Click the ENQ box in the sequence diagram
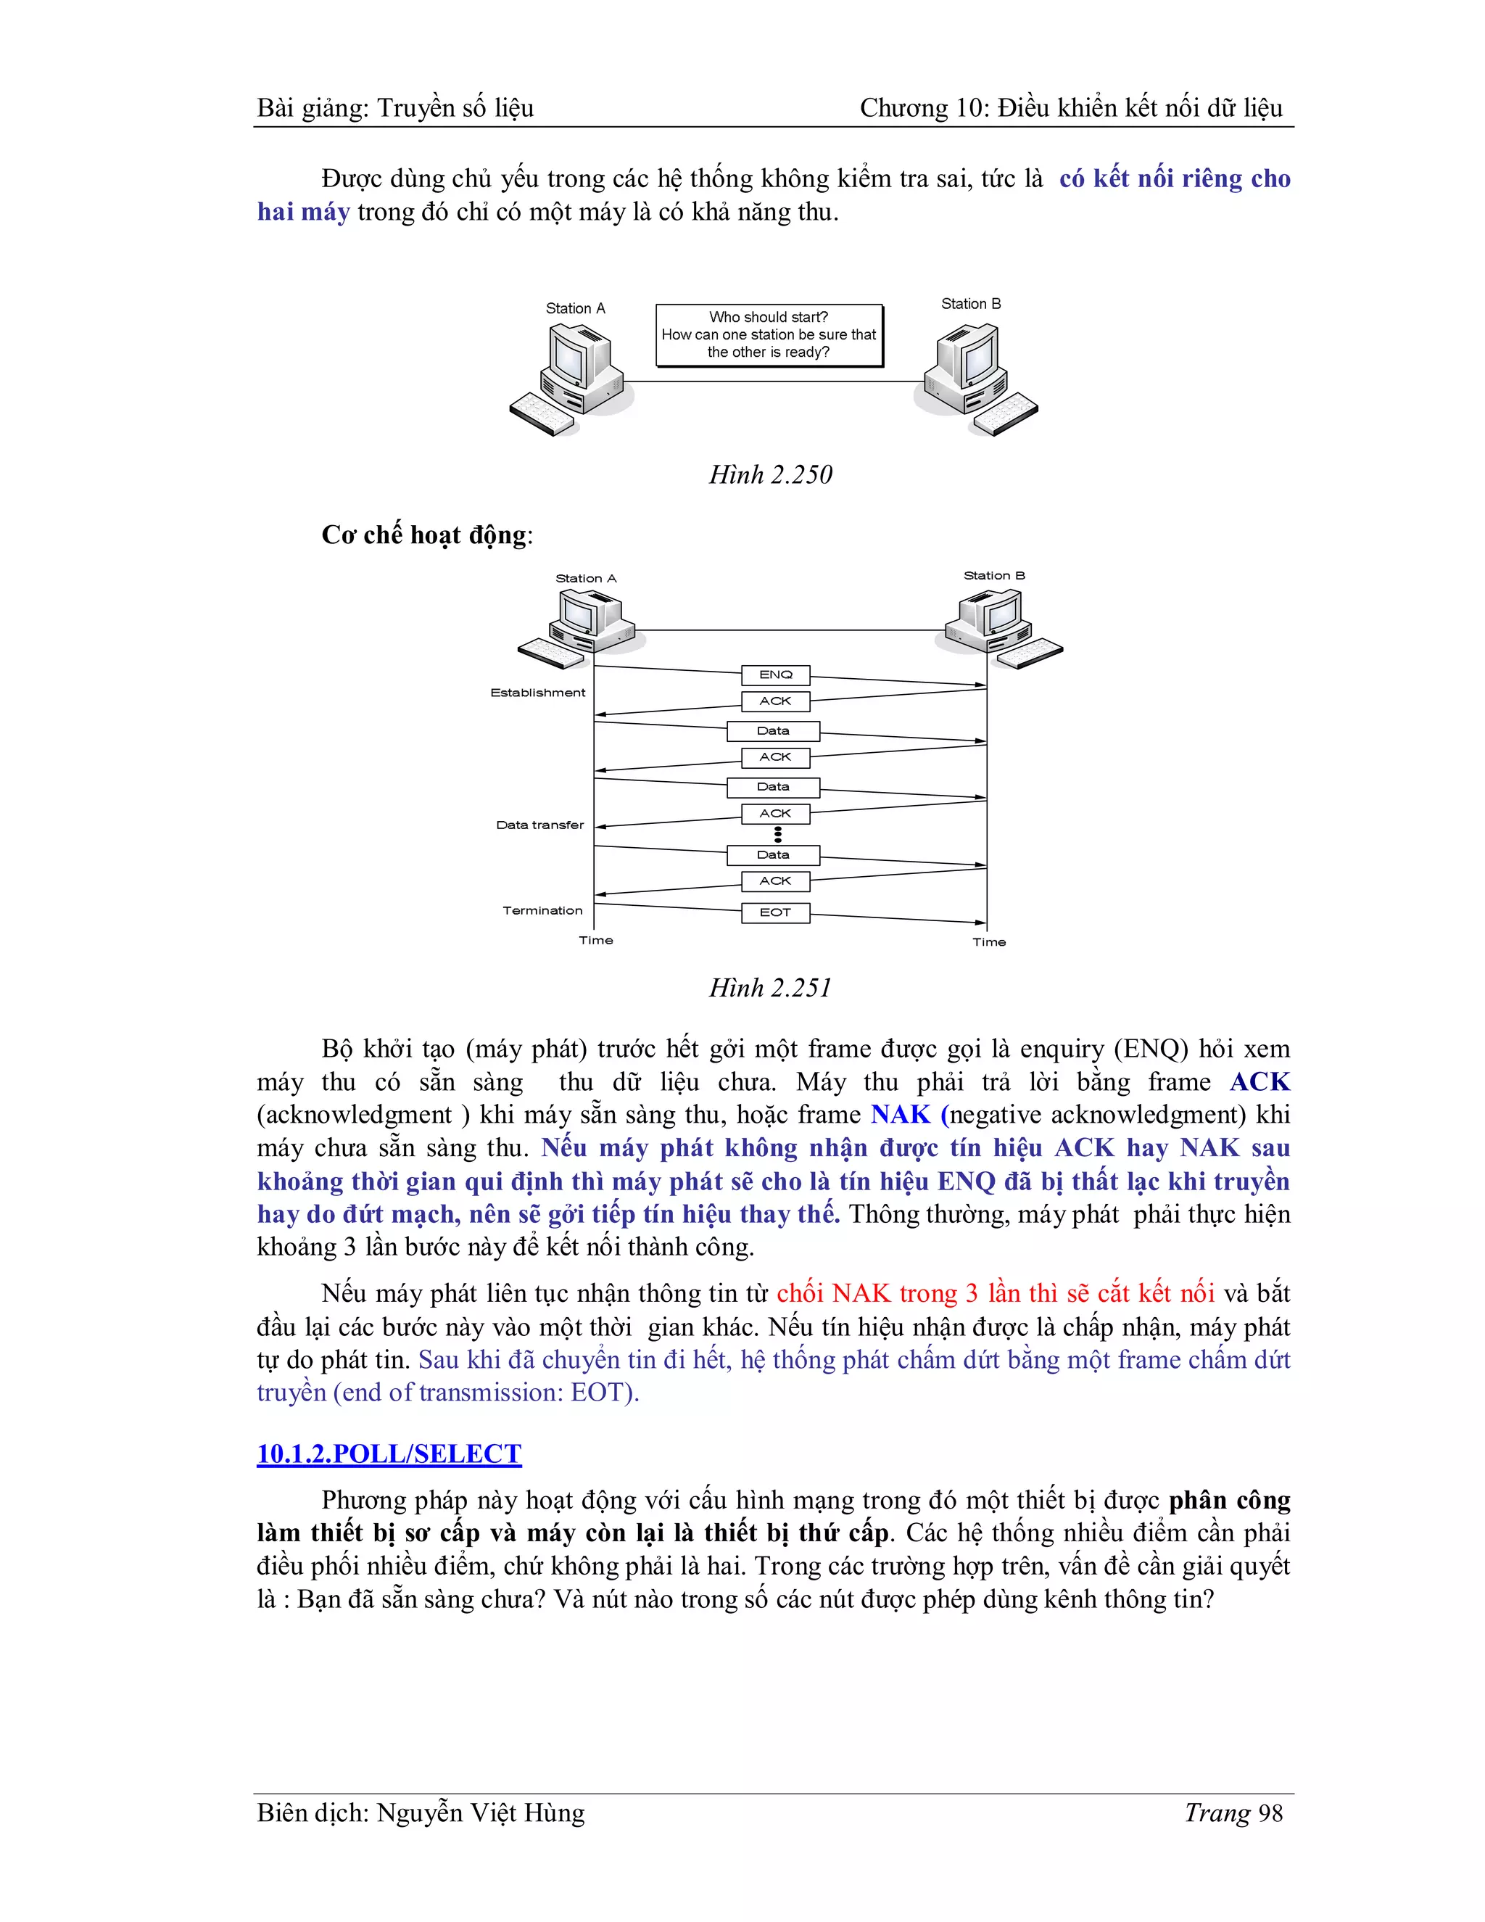(x=775, y=675)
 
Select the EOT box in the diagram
(x=775, y=912)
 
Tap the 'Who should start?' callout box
(x=769, y=334)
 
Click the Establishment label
(x=537, y=693)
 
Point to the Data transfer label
(x=539, y=825)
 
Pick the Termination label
(x=542, y=910)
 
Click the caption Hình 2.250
(x=771, y=474)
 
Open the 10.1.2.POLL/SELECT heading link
(x=389, y=1453)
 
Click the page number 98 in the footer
(x=1270, y=1813)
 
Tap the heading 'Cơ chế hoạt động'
(x=426, y=535)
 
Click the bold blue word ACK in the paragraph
(x=1259, y=1081)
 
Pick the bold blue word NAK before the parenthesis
(x=900, y=1114)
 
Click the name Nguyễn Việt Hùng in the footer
(x=480, y=1813)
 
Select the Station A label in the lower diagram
(x=586, y=578)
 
